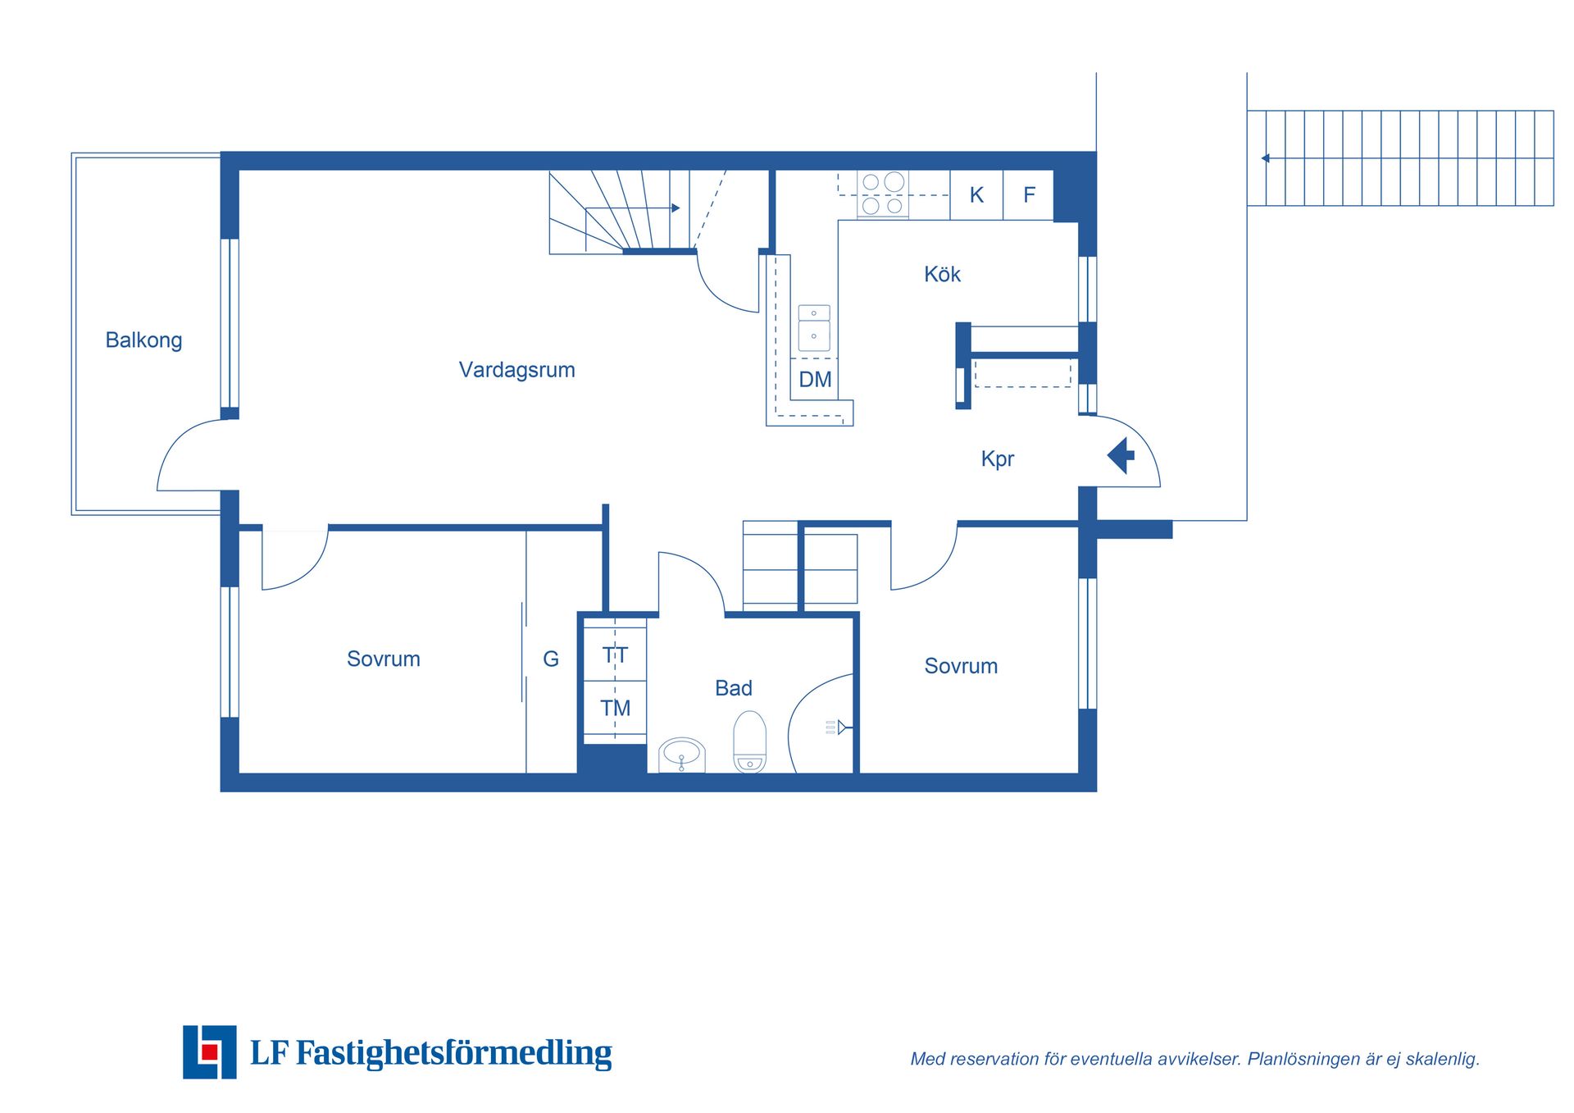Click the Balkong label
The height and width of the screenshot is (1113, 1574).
coord(143,340)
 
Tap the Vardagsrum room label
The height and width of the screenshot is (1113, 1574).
coord(516,370)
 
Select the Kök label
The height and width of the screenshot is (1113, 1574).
coord(942,274)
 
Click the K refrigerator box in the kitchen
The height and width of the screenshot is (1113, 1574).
coord(976,195)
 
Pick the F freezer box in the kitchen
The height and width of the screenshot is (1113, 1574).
coord(1029,195)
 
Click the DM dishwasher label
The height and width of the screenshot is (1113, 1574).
coord(815,380)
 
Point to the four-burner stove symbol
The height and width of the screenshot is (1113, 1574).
coord(882,194)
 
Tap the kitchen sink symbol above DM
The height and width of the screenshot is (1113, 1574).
coord(814,328)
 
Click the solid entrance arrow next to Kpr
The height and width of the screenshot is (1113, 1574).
coord(1121,455)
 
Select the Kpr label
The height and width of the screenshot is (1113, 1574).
coord(997,458)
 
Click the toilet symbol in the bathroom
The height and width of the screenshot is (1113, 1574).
coord(749,742)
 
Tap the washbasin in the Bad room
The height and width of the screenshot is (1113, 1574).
coord(681,755)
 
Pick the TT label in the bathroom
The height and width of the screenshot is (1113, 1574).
coord(615,655)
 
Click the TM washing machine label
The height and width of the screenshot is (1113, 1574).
coord(615,708)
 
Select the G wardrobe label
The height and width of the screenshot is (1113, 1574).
coord(551,659)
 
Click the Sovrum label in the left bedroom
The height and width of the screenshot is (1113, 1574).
coord(383,659)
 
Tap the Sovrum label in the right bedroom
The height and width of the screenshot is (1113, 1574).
coord(961,666)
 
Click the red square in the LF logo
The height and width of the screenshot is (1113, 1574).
coord(209,1051)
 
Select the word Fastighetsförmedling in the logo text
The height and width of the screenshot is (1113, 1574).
coord(453,1053)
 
